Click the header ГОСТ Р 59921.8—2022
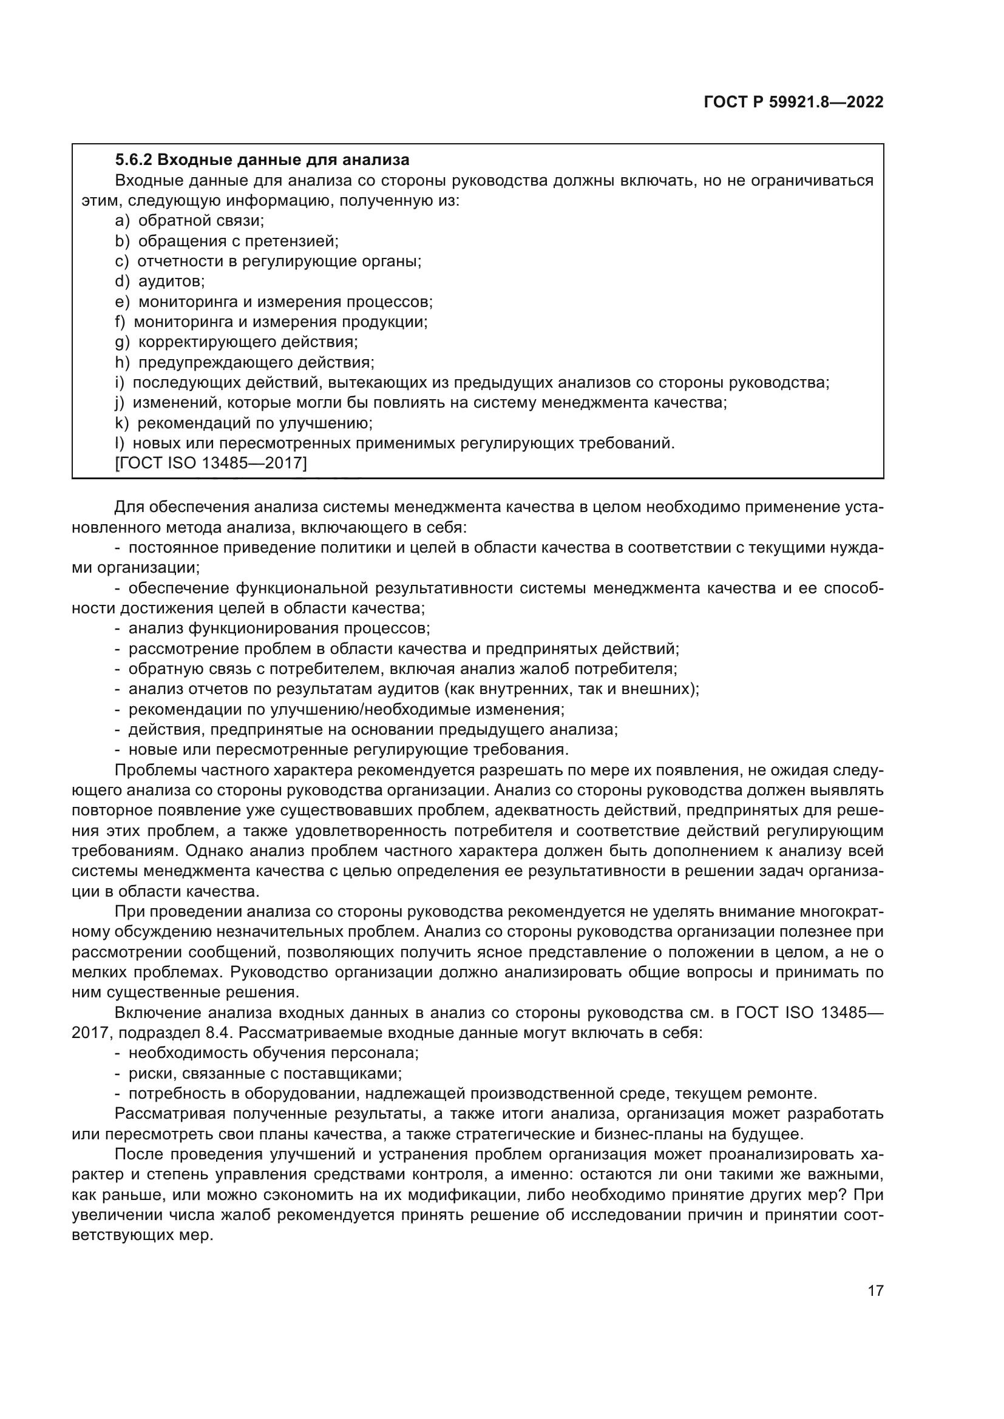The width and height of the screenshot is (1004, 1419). click(793, 103)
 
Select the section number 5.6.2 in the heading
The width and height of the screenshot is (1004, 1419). click(134, 160)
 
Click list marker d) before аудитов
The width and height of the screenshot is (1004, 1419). click(122, 281)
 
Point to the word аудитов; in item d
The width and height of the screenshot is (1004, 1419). click(171, 281)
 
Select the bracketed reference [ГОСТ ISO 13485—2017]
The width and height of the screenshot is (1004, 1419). click(211, 463)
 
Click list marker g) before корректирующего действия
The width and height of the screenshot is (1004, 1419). click(122, 342)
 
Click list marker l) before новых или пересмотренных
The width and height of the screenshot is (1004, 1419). click(121, 443)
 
